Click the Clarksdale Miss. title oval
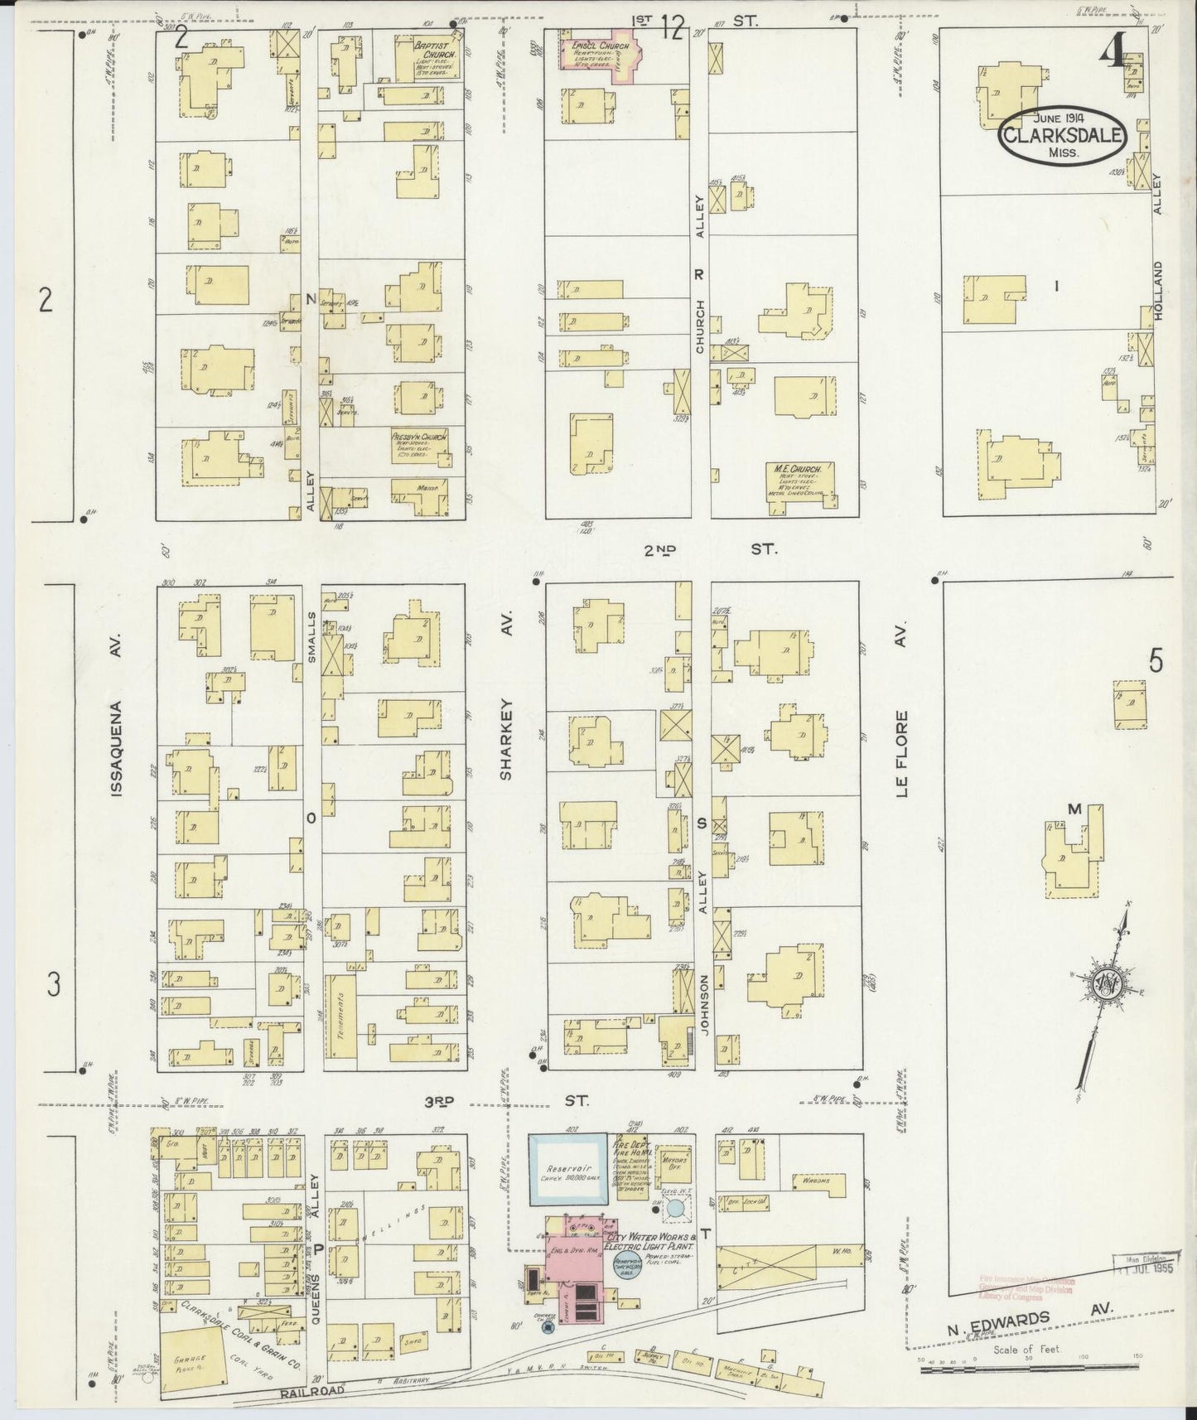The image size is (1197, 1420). click(1063, 136)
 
